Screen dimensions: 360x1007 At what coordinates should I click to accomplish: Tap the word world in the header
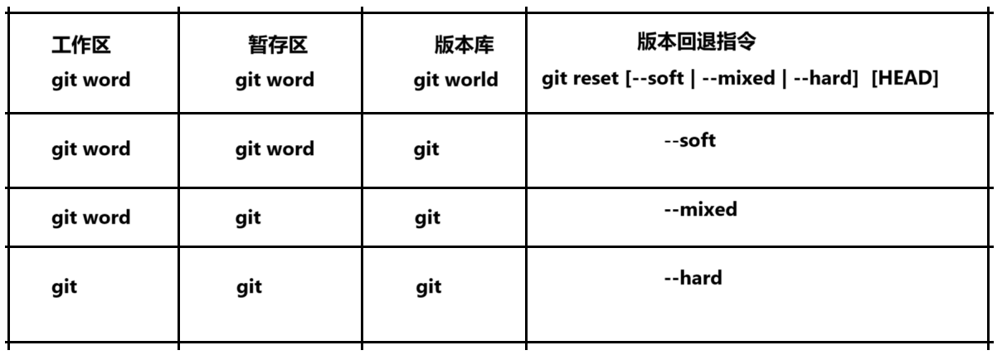(471, 80)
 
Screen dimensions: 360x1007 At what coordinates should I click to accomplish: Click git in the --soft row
(426, 150)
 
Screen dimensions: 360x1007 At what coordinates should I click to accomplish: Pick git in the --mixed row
(427, 218)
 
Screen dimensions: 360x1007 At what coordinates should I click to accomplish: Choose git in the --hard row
(428, 287)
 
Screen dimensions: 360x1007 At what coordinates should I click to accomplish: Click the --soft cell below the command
(690, 140)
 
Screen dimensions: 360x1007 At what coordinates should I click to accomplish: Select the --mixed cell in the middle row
(699, 209)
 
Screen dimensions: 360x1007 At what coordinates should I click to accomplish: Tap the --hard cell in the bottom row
(693, 277)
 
